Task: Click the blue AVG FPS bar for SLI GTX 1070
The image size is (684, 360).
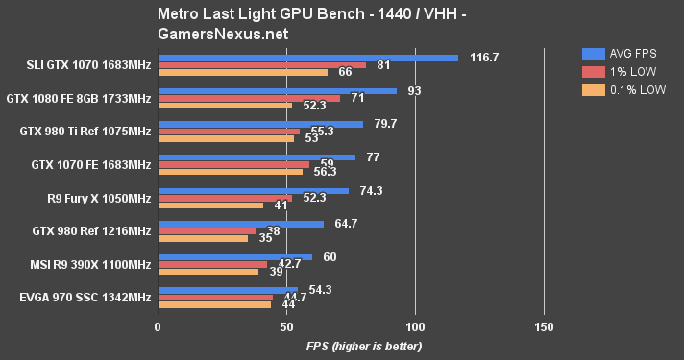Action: click(307, 58)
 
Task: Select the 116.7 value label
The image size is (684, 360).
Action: click(484, 58)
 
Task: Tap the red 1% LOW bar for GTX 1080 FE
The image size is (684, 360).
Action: click(249, 98)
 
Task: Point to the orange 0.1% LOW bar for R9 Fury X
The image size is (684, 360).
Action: click(210, 204)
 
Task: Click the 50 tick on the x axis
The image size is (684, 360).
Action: click(286, 326)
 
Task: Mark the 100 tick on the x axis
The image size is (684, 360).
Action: click(415, 326)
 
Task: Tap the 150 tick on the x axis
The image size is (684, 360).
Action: click(544, 326)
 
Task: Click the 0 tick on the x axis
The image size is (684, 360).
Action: click(158, 326)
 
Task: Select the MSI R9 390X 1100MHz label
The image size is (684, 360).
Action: click(89, 264)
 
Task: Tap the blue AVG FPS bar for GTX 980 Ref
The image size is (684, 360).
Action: click(240, 224)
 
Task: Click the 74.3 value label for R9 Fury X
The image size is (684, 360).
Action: click(371, 190)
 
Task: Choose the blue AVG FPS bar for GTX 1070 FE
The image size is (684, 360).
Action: click(256, 157)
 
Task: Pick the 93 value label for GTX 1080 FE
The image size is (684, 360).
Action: click(415, 91)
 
